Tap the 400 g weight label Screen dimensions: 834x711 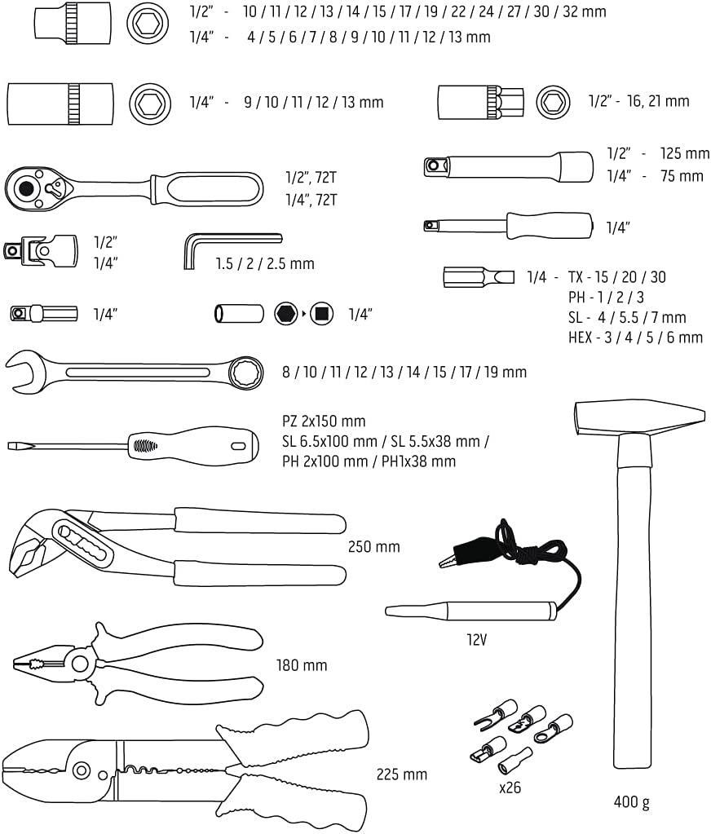631,802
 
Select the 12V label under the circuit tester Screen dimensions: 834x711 477,639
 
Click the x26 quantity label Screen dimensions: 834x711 510,788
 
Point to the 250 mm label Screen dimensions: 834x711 373,546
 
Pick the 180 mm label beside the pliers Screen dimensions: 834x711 301,665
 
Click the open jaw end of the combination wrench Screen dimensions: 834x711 29,371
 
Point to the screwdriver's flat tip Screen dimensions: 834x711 16,445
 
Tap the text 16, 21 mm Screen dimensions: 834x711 652,101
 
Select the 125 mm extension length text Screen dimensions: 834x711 685,153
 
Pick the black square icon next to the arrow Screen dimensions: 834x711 321,313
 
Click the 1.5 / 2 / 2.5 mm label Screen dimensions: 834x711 264,264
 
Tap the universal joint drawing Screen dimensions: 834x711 39,248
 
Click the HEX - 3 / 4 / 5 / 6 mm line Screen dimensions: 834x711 634,338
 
